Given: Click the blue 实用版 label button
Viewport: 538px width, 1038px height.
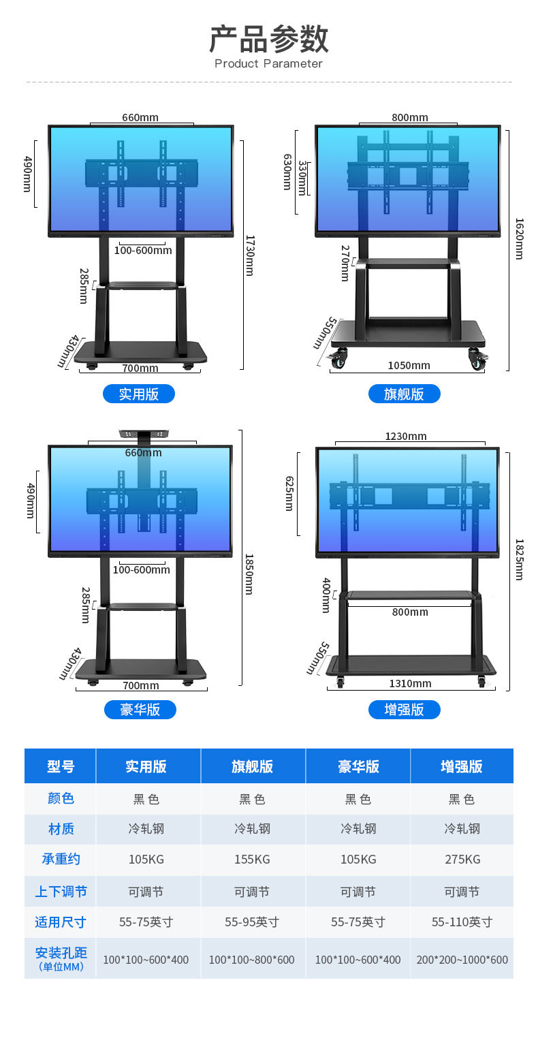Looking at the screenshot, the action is point(139,394).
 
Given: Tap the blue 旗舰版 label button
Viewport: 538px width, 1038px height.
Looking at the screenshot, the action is point(404,394).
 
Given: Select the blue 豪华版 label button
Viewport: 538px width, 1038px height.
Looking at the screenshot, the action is point(140,710).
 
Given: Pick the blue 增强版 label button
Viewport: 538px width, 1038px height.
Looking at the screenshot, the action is point(404,710).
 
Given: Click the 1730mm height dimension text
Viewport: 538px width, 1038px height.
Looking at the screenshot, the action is point(250,255).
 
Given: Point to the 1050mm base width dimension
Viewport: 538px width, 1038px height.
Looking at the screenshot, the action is point(409,366).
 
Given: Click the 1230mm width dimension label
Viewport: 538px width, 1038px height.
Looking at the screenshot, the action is point(406,437).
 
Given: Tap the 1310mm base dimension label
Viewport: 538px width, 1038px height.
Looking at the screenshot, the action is point(410,684).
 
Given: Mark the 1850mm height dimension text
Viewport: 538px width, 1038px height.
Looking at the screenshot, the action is point(249,574).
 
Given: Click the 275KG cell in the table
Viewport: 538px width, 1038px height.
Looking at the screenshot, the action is point(462,860).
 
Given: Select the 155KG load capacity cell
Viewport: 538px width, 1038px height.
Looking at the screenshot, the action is point(252,860).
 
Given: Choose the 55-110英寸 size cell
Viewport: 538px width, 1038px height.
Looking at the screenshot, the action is point(462,922).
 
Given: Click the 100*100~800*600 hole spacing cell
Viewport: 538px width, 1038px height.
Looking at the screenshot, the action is point(252,960).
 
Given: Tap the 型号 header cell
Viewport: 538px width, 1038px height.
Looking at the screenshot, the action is point(61,766).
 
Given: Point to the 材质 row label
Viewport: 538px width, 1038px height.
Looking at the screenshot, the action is point(61,829).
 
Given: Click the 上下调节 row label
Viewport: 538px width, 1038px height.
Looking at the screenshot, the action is point(61,892).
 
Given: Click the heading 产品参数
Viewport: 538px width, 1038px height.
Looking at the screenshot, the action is point(268,39).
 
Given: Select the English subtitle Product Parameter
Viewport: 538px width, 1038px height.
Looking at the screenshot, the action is point(268,64).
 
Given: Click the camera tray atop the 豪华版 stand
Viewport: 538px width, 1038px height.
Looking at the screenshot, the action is point(144,434).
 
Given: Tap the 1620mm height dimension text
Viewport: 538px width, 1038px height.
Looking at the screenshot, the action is point(519,238).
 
